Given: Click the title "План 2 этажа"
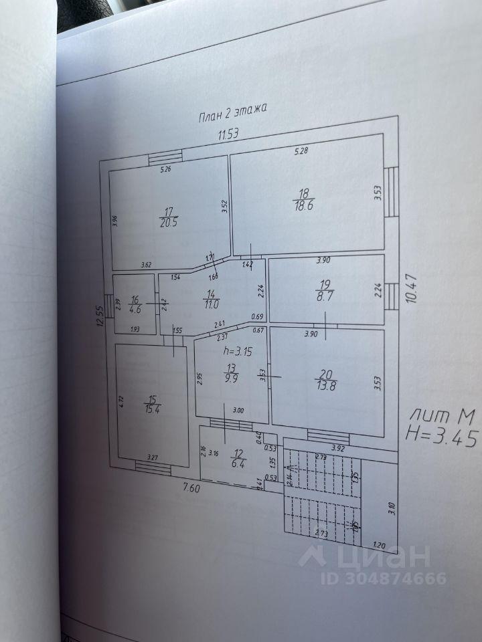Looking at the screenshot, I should tap(232, 113).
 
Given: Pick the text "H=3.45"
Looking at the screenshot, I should tap(442, 439).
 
